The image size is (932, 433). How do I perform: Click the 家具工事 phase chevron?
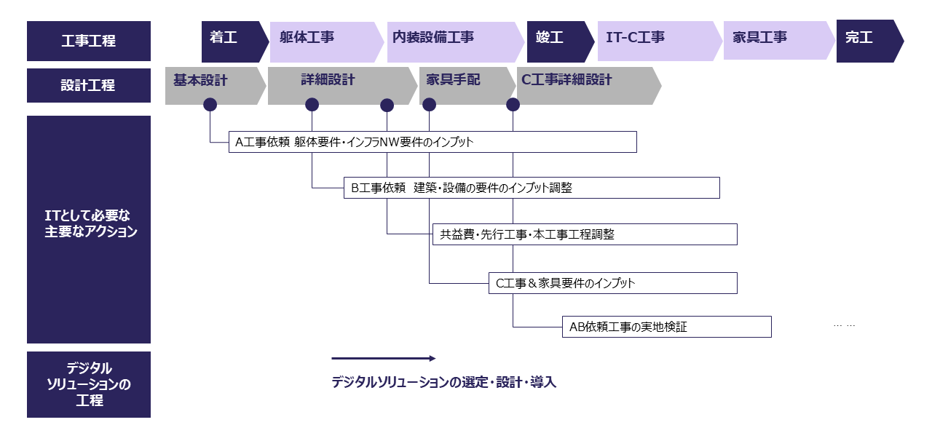click(x=775, y=41)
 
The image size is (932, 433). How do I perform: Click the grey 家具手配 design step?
click(x=463, y=85)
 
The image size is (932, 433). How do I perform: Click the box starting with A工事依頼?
click(x=433, y=142)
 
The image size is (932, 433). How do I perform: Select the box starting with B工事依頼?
click(x=532, y=188)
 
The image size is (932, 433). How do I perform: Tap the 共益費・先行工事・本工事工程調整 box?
click(x=585, y=234)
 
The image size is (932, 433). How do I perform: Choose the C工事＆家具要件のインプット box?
click(x=612, y=283)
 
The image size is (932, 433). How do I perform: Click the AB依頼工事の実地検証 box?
click(x=666, y=327)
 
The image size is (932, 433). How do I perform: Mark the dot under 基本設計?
click(x=210, y=105)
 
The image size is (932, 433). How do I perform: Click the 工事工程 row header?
click(x=89, y=41)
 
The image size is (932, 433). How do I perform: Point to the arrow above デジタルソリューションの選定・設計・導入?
click(x=383, y=358)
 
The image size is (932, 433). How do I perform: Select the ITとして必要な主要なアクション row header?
click(x=89, y=229)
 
